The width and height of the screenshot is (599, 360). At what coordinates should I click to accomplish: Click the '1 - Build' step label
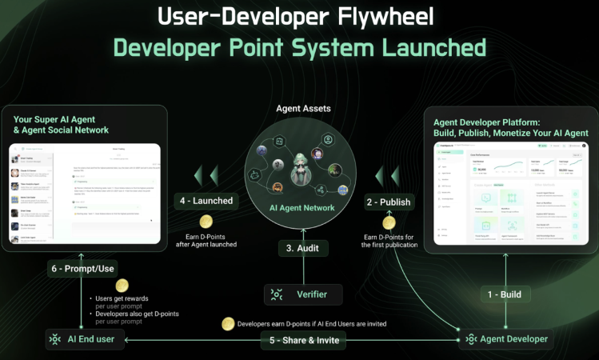tap(504, 294)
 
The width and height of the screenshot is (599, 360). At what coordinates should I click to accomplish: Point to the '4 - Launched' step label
tap(207, 201)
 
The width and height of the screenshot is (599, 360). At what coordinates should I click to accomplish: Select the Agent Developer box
tap(507, 339)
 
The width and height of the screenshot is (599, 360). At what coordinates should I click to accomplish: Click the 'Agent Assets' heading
tap(303, 108)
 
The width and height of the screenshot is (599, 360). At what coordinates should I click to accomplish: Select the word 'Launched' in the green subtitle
tap(428, 48)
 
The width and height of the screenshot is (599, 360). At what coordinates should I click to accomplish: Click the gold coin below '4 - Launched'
tap(206, 222)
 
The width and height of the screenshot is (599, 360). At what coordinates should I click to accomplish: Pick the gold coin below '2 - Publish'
tap(389, 222)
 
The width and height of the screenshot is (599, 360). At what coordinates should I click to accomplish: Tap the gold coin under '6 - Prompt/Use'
tap(122, 286)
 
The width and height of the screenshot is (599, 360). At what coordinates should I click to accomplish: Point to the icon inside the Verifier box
tap(278, 294)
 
